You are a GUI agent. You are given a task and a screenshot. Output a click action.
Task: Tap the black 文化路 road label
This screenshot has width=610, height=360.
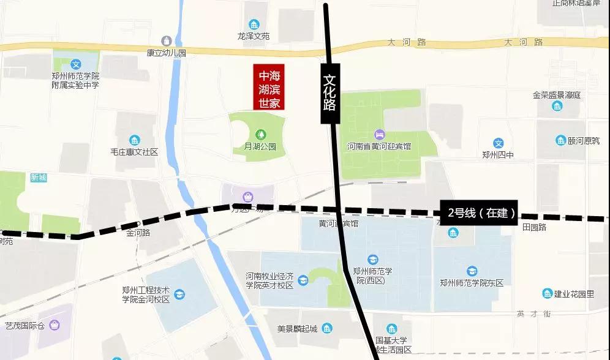pos(329,94)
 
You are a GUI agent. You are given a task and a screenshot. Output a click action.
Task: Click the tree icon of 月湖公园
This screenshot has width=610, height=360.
pos(261,134)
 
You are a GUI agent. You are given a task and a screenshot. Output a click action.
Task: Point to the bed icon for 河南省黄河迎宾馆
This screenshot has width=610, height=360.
pos(379,134)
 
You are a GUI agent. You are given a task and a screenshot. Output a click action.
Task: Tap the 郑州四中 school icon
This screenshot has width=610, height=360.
pos(499,143)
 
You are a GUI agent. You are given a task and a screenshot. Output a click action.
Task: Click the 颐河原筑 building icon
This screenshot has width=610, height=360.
pos(560,141)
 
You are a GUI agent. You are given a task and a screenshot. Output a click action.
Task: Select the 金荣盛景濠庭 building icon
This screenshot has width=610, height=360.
pos(557,107)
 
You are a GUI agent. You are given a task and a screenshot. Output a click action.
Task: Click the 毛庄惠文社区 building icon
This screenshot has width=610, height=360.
pos(134,140)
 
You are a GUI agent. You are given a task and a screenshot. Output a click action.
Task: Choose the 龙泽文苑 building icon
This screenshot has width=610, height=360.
pos(254,23)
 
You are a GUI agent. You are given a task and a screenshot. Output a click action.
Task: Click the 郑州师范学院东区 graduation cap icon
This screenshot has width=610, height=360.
pos(472,271)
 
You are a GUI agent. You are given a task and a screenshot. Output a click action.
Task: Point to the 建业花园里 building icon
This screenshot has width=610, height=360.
pos(547,294)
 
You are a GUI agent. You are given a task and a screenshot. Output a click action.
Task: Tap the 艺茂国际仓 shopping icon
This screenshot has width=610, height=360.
pos(55,324)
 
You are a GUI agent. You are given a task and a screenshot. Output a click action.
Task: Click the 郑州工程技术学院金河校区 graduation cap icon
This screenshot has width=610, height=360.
pos(179,295)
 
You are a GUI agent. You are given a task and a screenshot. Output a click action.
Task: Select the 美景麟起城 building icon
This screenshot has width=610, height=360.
pos(328,329)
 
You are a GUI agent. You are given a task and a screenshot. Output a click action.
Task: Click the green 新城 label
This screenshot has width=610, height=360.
pos(39,178)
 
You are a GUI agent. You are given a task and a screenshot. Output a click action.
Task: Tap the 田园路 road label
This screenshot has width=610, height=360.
pos(534,227)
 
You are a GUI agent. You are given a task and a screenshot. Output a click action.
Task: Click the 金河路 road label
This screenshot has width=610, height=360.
pos(138,233)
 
